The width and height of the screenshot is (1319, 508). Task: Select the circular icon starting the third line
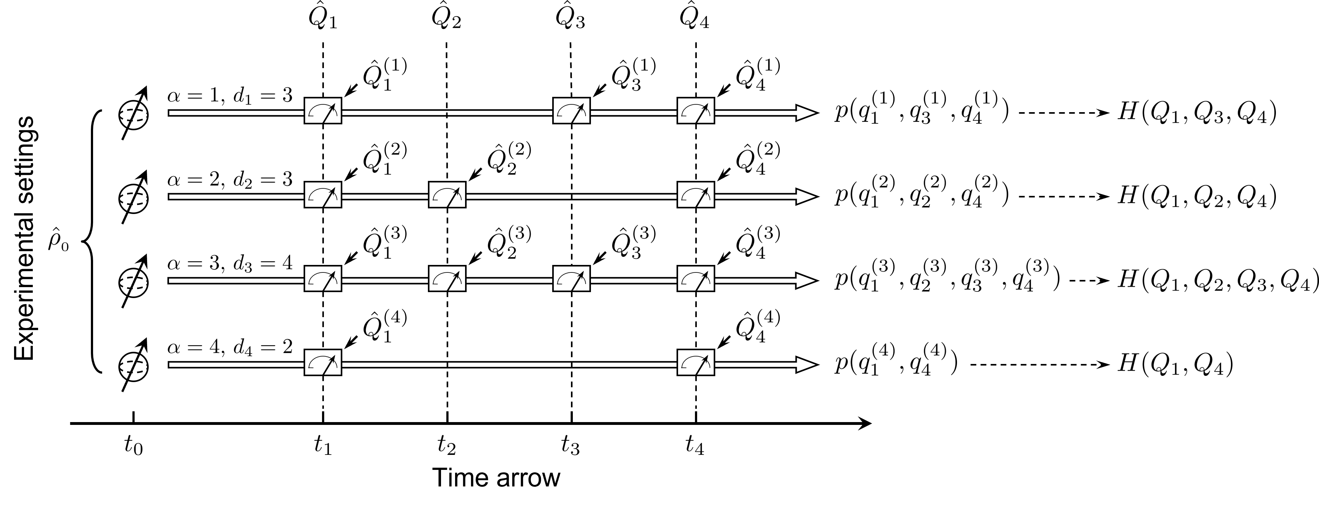click(134, 283)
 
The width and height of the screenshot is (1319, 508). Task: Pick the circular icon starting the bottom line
click(134, 367)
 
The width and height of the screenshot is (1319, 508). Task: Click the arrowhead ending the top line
click(806, 113)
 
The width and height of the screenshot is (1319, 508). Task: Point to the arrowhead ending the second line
click(806, 197)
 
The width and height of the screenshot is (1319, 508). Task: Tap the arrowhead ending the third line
click(806, 281)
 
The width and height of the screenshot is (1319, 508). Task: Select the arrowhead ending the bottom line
click(806, 365)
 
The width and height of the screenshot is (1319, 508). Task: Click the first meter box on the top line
click(323, 111)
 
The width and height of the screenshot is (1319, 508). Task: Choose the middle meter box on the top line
click(572, 111)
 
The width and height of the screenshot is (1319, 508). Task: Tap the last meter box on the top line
click(696, 111)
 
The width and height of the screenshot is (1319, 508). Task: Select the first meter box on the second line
click(323, 195)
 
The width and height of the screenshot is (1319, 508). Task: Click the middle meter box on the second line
click(447, 195)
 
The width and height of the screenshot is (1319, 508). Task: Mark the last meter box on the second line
click(696, 195)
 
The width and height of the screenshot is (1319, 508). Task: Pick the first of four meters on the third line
click(323, 279)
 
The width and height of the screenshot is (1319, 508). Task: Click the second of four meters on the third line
click(447, 279)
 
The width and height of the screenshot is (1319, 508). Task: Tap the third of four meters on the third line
click(572, 279)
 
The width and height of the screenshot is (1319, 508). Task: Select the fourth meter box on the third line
click(696, 279)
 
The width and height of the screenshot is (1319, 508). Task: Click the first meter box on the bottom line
click(323, 362)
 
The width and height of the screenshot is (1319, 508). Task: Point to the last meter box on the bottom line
click(696, 362)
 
